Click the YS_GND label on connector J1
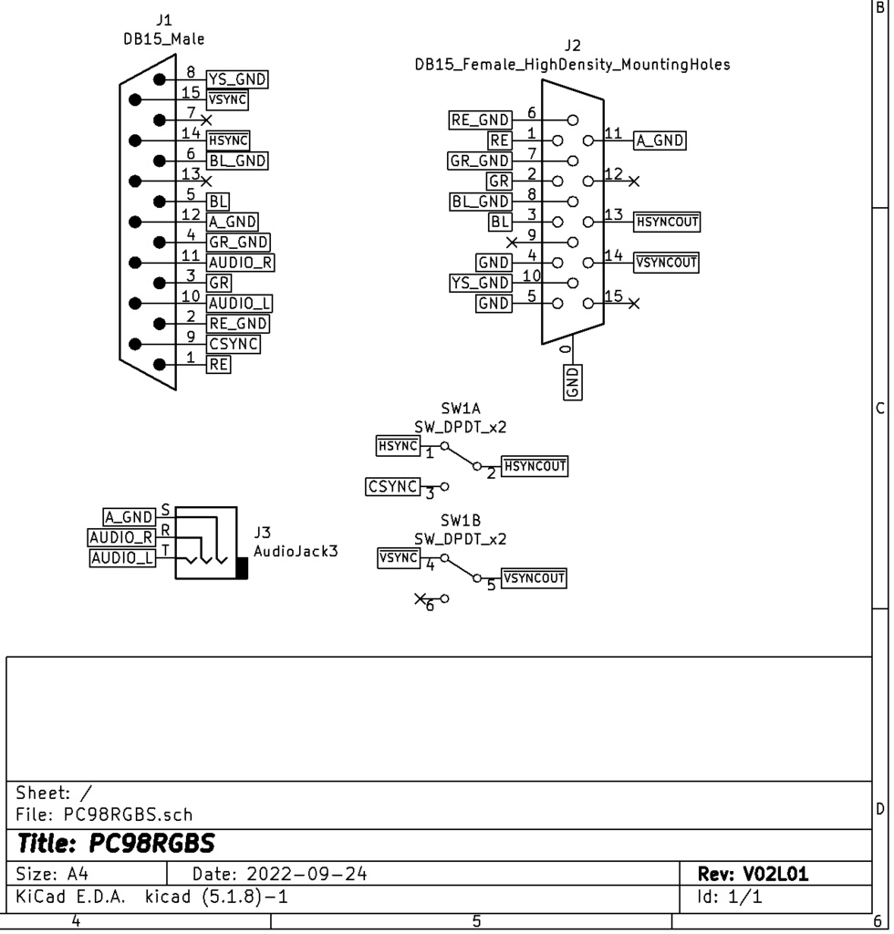point(237,80)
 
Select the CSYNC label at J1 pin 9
point(234,344)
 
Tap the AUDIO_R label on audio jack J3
point(121,537)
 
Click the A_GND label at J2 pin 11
point(659,140)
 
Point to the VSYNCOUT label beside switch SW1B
point(534,578)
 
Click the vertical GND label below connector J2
point(572,381)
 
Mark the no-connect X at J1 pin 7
point(206,120)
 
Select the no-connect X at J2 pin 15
point(634,303)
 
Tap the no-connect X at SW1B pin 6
point(420,599)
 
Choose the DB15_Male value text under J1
point(164,38)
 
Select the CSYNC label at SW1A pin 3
point(392,487)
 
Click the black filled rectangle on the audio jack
point(242,568)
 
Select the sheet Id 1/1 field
point(730,897)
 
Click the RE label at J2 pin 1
point(500,140)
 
